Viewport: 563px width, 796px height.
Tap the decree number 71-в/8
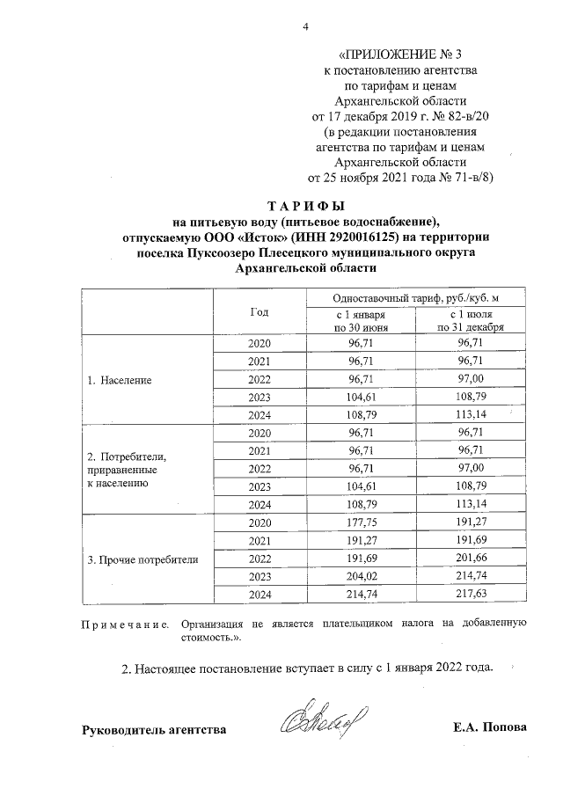coord(467,176)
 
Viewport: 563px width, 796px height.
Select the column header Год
coord(259,311)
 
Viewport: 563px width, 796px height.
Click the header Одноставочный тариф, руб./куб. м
coord(415,299)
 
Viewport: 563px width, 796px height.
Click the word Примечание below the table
coord(125,624)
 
